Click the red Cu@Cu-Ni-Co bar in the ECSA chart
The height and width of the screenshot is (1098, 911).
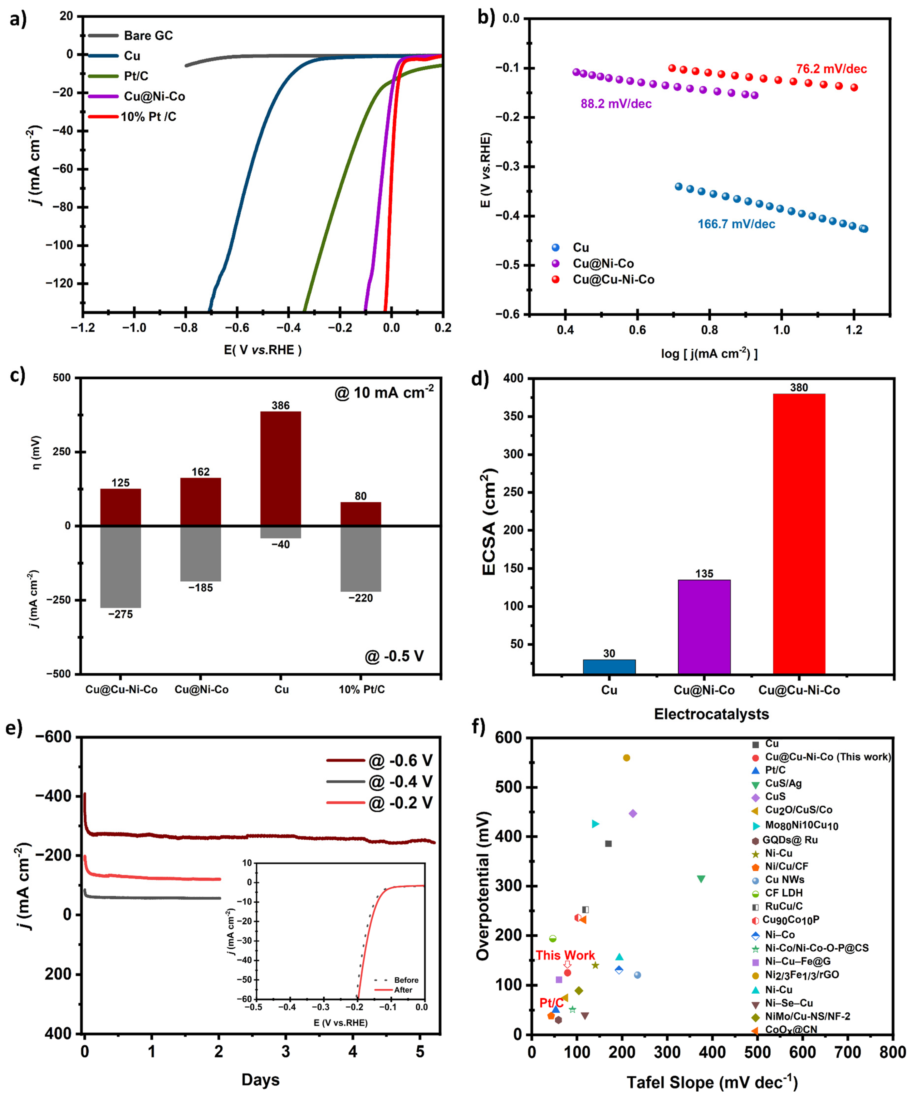(x=799, y=533)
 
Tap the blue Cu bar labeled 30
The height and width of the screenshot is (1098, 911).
(x=609, y=667)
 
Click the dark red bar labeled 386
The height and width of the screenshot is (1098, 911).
(x=281, y=468)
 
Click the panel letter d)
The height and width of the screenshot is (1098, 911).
(x=480, y=378)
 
